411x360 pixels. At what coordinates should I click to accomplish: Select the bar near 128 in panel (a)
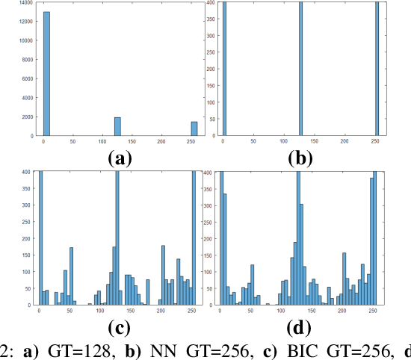(x=117, y=126)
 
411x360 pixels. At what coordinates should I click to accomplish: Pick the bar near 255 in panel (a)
(x=194, y=128)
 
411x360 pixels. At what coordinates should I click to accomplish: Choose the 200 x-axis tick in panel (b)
(x=343, y=142)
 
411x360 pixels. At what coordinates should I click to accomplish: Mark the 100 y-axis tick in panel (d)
(x=208, y=272)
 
